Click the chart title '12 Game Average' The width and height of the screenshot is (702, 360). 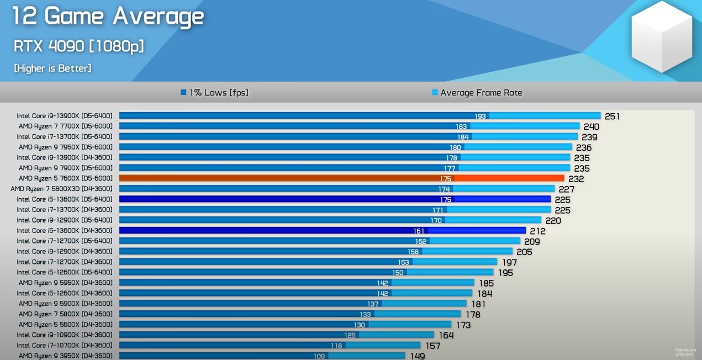108,16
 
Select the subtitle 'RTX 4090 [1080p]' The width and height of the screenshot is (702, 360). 79,46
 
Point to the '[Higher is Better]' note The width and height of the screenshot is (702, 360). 52,68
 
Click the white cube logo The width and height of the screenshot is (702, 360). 661,37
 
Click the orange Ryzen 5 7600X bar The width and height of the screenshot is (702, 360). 341,178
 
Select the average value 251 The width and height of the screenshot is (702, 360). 612,117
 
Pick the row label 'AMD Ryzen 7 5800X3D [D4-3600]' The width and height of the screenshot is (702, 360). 61,189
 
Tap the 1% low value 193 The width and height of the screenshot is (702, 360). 480,117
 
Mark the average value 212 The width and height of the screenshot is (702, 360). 537,231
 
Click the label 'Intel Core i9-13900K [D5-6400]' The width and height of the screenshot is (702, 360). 65,116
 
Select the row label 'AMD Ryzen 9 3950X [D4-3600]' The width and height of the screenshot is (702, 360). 65,356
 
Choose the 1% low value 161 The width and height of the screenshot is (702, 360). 419,231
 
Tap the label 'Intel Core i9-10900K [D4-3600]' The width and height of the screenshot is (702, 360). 65,335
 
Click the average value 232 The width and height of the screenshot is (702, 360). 576,179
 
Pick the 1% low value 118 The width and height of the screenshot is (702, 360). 336,346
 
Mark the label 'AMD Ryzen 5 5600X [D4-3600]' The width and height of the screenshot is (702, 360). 65,325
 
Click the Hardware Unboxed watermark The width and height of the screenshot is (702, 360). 685,352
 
